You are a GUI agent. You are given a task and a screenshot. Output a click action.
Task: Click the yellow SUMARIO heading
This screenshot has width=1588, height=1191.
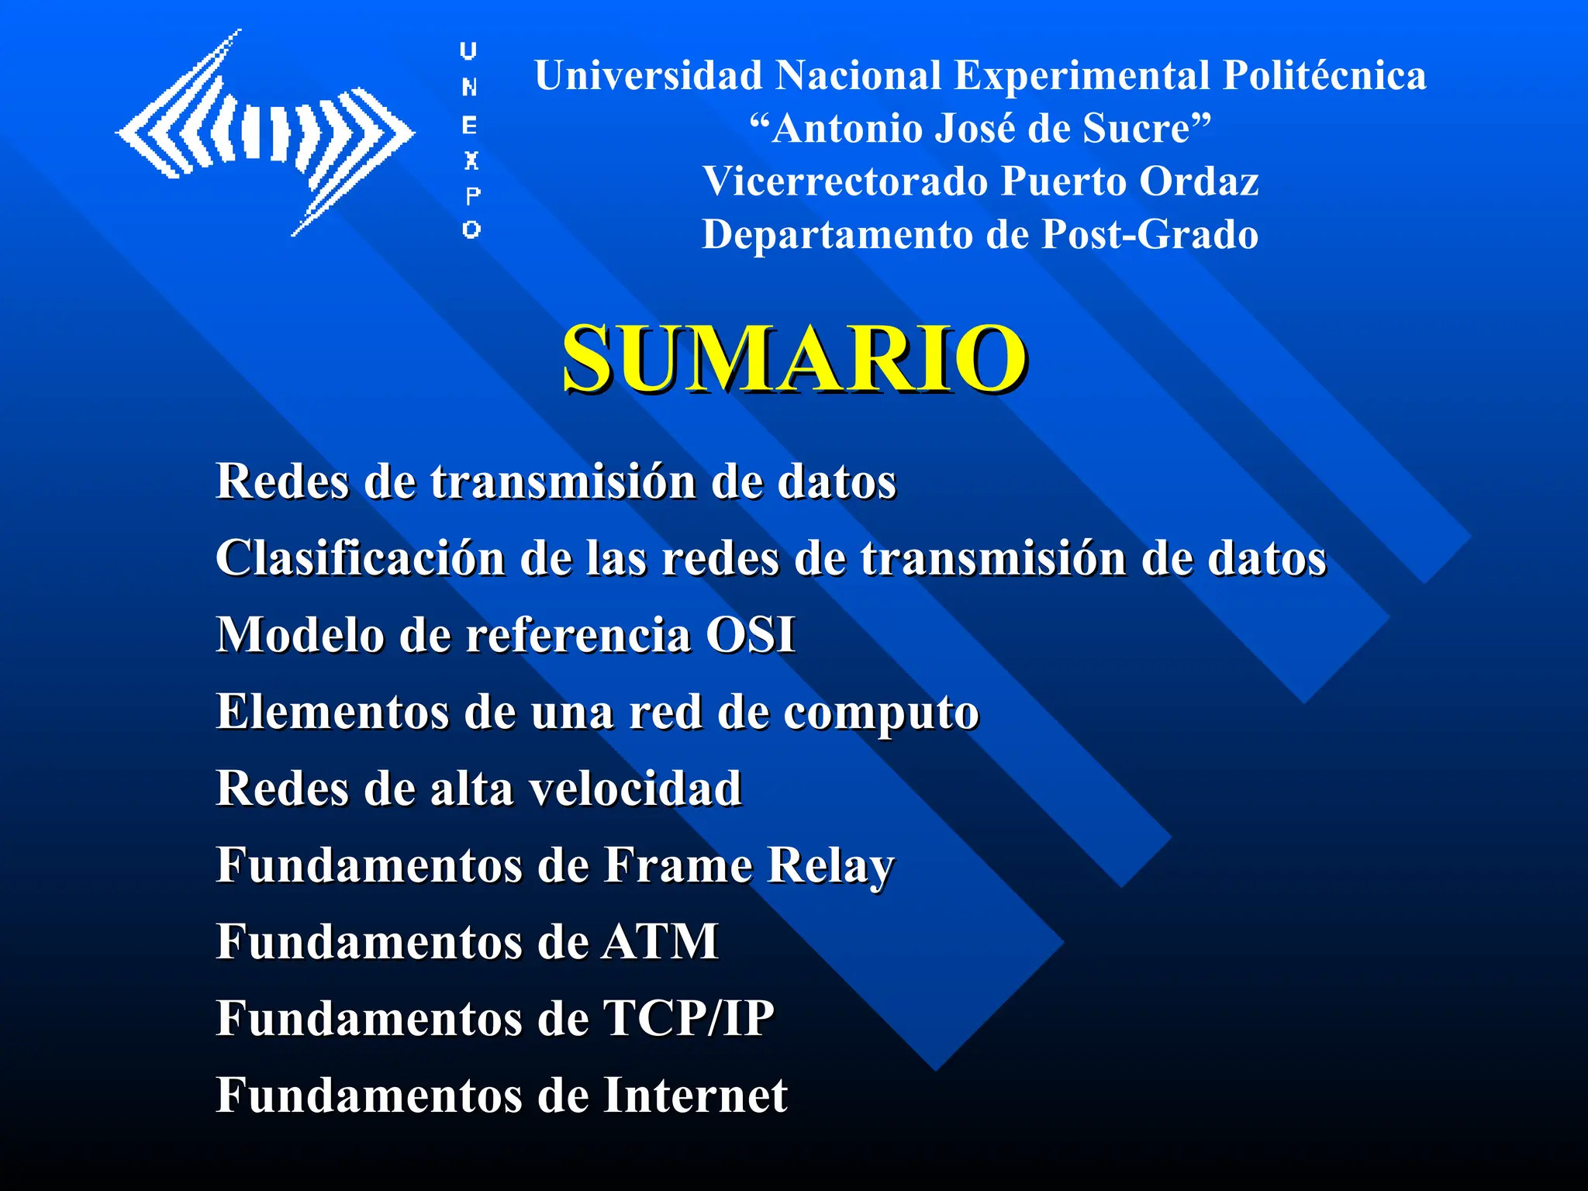794,358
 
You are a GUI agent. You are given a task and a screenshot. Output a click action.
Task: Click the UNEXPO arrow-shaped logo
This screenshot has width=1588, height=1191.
265,133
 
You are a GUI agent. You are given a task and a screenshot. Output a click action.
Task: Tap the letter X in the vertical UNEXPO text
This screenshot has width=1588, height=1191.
471,161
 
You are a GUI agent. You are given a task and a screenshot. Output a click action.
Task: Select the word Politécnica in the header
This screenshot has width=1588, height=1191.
1324,76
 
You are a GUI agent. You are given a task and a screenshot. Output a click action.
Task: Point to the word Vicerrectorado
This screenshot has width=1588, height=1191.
845,181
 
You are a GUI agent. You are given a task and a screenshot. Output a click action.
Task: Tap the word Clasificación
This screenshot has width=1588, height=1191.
361,558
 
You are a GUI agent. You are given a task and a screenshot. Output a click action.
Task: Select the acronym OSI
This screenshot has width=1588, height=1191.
750,635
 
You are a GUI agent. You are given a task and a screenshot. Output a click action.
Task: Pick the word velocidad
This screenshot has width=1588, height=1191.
635,789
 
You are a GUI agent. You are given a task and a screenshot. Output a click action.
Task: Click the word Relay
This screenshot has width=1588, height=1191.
830,866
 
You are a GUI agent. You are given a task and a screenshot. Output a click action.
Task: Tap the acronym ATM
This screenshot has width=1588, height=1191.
660,942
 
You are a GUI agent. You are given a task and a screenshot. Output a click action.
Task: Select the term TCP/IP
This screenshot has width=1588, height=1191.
688,1018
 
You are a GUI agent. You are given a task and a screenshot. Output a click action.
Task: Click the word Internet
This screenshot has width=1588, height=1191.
695,1095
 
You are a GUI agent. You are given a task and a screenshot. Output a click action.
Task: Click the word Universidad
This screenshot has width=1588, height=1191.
648,76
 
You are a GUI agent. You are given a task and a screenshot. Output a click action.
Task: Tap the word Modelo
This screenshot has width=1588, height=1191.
300,635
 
